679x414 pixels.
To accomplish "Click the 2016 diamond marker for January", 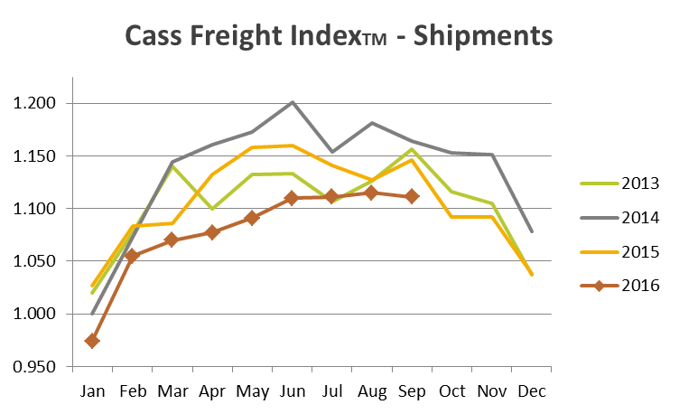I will (x=92, y=341).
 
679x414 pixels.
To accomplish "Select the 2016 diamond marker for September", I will (x=412, y=196).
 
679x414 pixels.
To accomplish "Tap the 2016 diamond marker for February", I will (x=132, y=256).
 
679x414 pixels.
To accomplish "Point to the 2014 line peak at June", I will (x=292, y=102).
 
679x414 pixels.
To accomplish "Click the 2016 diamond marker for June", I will (x=292, y=198).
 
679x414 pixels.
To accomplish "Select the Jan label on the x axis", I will (x=92, y=390).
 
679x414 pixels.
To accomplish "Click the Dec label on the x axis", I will (x=531, y=390).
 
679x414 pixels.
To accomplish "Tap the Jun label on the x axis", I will (x=292, y=390).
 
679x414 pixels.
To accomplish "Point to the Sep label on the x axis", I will (x=412, y=390).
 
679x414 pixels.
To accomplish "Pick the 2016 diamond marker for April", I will (x=212, y=232).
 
